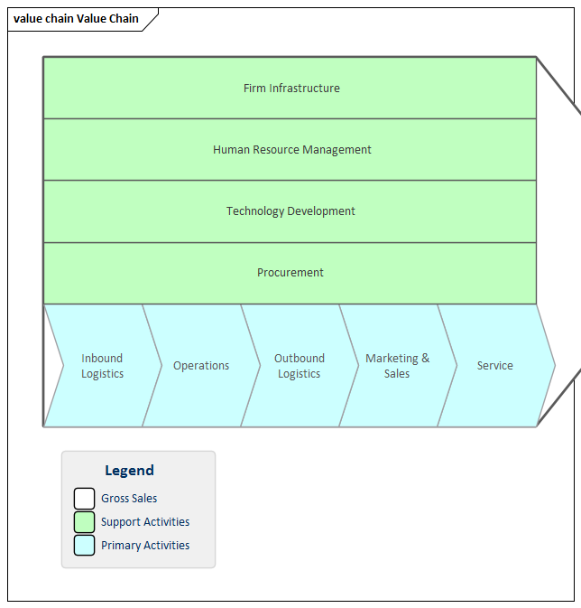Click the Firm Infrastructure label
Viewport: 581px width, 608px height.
pyautogui.click(x=291, y=89)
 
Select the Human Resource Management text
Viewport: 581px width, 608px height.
pyautogui.click(x=291, y=150)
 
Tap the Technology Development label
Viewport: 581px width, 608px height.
pyautogui.click(x=290, y=211)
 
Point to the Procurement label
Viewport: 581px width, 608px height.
pyautogui.click(x=290, y=273)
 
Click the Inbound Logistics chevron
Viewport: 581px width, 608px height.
pyautogui.click(x=102, y=366)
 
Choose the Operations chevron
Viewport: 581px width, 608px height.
pyautogui.click(x=200, y=366)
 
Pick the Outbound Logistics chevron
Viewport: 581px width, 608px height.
pyautogui.click(x=299, y=366)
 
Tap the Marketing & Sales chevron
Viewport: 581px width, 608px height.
pyautogui.click(x=397, y=366)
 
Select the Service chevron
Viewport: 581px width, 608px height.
pyautogui.click(x=495, y=366)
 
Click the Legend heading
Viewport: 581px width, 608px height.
pyautogui.click(x=129, y=471)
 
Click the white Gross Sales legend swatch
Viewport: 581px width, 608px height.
pyautogui.click(x=84, y=499)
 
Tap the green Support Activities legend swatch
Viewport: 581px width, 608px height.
pyautogui.click(x=84, y=522)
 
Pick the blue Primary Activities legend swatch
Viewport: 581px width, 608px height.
pyautogui.click(x=84, y=546)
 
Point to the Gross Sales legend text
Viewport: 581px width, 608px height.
pyautogui.click(x=129, y=499)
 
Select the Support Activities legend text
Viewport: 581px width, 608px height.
pyautogui.click(x=145, y=522)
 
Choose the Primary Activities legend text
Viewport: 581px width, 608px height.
pyautogui.click(x=145, y=546)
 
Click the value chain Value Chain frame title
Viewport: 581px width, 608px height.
pyautogui.click(x=76, y=19)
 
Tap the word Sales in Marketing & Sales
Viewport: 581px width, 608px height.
pyautogui.click(x=397, y=374)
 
